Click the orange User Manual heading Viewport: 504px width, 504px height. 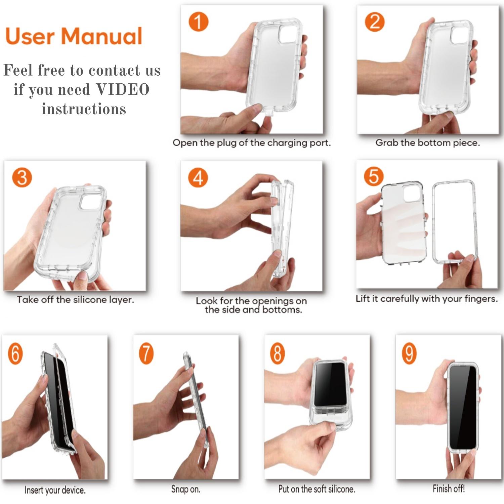(74, 36)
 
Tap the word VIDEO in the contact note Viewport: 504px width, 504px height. (123, 89)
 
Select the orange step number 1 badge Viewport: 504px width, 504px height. (199, 22)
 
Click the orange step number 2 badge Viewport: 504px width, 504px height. (375, 22)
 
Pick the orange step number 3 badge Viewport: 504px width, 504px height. (22, 177)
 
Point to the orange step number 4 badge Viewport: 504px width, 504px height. (198, 177)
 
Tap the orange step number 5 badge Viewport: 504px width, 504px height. (374, 176)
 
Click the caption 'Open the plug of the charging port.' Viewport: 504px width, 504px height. (252, 143)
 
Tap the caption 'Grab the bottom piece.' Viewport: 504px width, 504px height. (428, 143)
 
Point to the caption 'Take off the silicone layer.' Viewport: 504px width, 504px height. (76, 300)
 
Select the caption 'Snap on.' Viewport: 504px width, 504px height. (186, 489)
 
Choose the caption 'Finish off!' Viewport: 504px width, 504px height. (449, 489)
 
